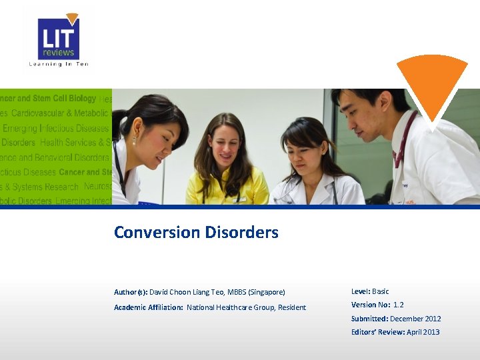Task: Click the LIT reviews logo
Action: coord(58,39)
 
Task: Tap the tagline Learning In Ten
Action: coord(58,64)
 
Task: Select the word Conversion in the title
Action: coord(157,233)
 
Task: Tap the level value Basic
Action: coord(381,291)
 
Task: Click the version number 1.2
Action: coord(399,305)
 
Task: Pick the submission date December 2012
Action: coord(415,319)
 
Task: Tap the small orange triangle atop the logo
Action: coord(73,19)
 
